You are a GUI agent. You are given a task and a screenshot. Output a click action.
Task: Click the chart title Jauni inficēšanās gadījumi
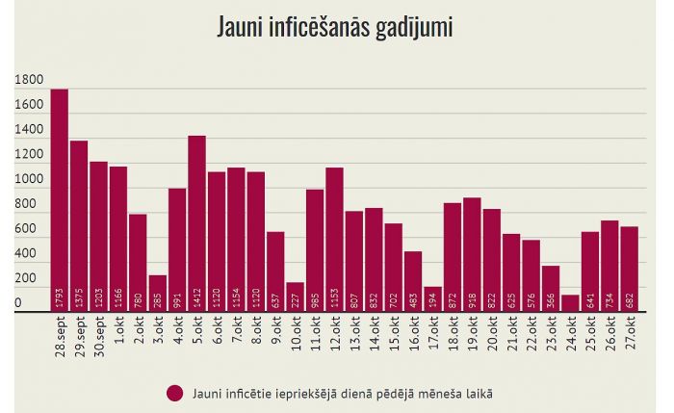click(336, 27)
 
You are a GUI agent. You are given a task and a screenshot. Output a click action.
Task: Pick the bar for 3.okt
click(158, 289)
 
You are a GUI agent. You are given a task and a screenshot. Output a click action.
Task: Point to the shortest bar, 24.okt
click(570, 300)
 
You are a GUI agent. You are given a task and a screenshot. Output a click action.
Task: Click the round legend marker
click(174, 393)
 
